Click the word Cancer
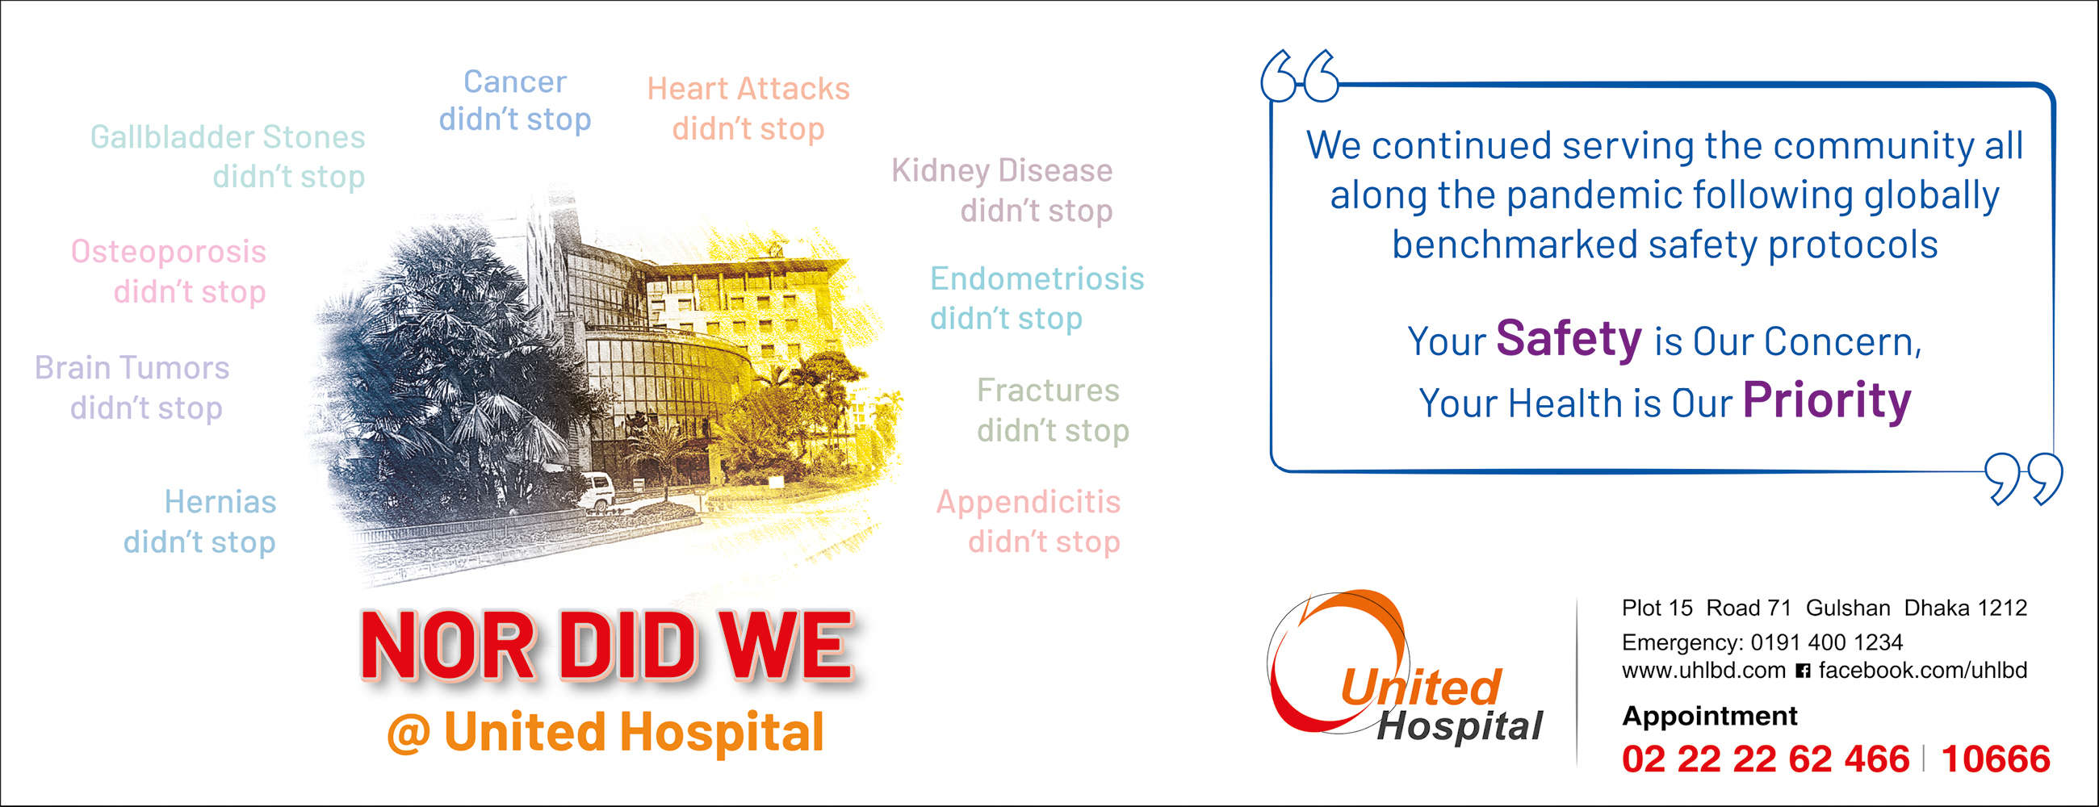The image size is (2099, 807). point(515,82)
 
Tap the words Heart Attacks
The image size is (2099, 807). point(748,89)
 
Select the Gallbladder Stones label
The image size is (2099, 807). point(228,138)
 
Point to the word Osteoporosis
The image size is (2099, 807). point(169,253)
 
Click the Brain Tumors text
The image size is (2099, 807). point(132,368)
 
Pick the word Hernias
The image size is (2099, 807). point(220,502)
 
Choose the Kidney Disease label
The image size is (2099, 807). point(1001,171)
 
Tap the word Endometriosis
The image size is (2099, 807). point(1037,278)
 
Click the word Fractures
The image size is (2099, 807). point(1048,390)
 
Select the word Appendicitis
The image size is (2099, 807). point(1029,503)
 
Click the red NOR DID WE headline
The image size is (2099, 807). point(607,646)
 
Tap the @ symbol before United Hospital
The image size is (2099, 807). point(408,732)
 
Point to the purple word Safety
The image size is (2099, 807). point(1569,339)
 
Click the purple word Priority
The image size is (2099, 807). point(1827,400)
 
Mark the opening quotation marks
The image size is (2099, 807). point(1300,76)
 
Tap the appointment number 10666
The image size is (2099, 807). point(1996,759)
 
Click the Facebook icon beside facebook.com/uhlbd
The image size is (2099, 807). point(1804,671)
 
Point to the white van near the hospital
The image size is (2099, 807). point(596,491)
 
